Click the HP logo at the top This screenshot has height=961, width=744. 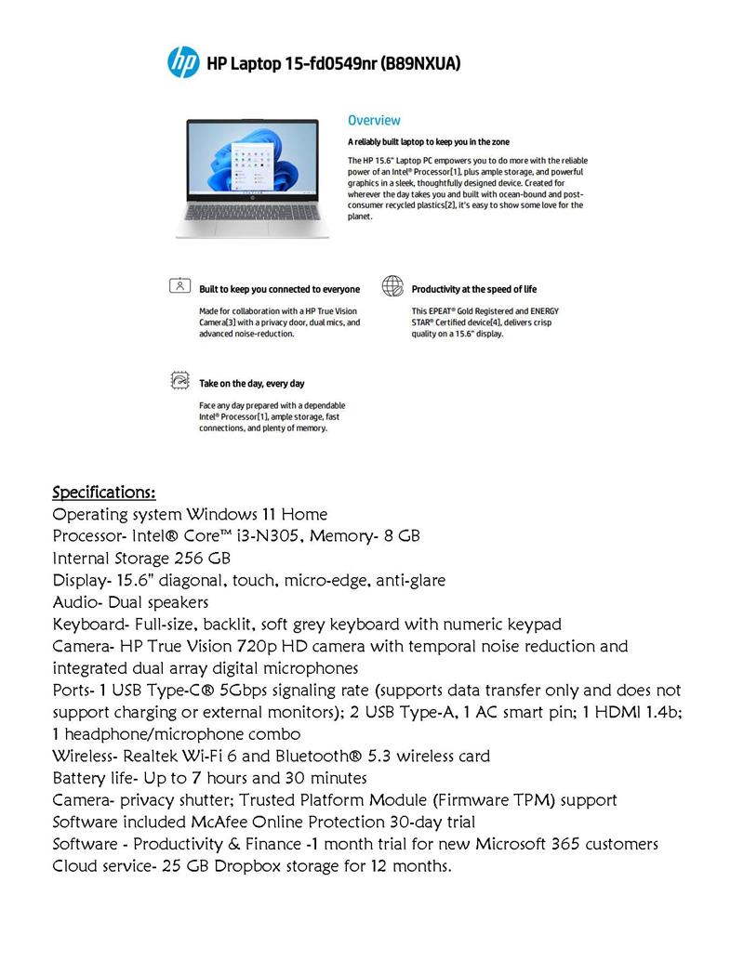(x=183, y=62)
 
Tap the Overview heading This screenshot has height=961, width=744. (x=374, y=120)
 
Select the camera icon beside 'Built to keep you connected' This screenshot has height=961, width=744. (x=180, y=287)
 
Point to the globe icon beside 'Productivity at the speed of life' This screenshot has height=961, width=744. (x=392, y=287)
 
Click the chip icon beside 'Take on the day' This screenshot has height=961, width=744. (x=180, y=381)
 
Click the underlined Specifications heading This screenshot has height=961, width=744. (x=104, y=492)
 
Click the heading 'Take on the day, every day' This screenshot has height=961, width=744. (x=252, y=383)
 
